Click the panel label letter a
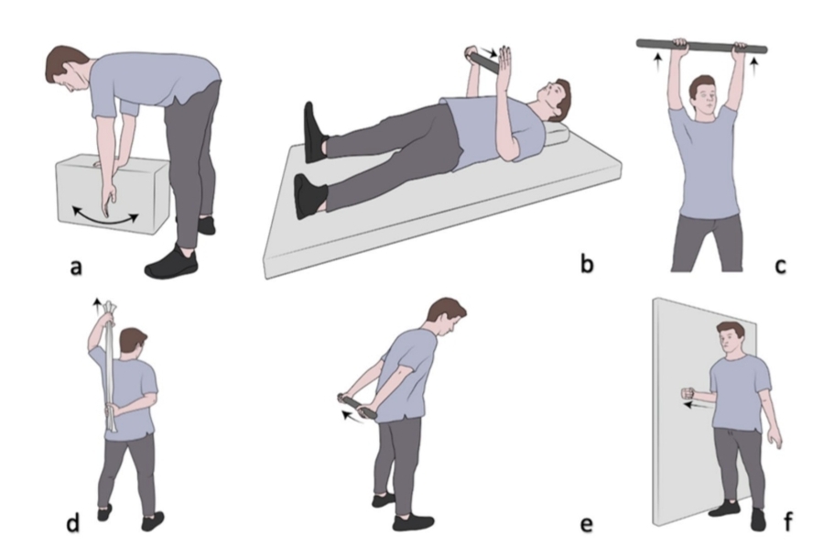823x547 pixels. click(76, 267)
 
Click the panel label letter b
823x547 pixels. click(587, 263)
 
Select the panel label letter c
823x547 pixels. click(781, 266)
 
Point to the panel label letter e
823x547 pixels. click(586, 524)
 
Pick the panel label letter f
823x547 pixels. click(787, 521)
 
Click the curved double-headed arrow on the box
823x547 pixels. click(105, 217)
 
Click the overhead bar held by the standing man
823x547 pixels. click(702, 46)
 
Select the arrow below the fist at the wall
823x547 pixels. click(697, 405)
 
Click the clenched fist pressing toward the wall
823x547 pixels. click(688, 393)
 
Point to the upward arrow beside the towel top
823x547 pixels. click(96, 306)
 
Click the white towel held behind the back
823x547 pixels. click(111, 366)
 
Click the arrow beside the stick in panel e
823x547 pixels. click(352, 417)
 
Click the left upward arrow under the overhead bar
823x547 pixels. click(658, 62)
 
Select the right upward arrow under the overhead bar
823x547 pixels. click(754, 66)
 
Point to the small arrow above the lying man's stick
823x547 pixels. click(492, 52)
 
